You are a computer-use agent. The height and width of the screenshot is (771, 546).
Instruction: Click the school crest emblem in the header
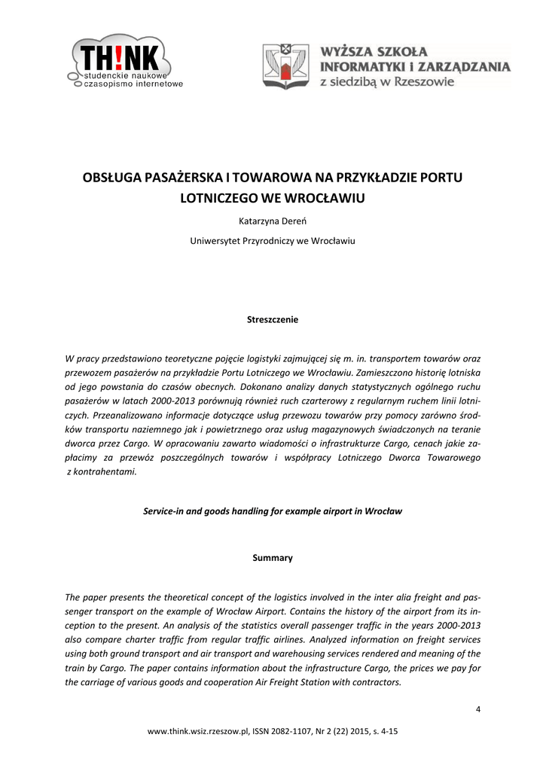click(285, 66)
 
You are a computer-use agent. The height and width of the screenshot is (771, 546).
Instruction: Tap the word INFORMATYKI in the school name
click(360, 67)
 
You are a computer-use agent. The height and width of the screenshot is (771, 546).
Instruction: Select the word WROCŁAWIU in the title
click(322, 199)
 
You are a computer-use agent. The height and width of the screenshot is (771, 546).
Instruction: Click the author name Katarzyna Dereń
click(273, 222)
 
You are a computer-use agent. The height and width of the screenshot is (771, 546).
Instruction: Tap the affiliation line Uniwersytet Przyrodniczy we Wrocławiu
click(273, 242)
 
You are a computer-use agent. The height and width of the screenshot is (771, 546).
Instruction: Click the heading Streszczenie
click(273, 320)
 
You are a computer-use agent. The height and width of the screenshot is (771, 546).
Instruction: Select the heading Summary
click(273, 558)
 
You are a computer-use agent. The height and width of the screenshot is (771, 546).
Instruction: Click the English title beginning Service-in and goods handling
click(273, 510)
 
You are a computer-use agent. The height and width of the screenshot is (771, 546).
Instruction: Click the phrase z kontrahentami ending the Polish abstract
click(102, 471)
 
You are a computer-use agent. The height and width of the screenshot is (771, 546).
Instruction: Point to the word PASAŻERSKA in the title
click(185, 178)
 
